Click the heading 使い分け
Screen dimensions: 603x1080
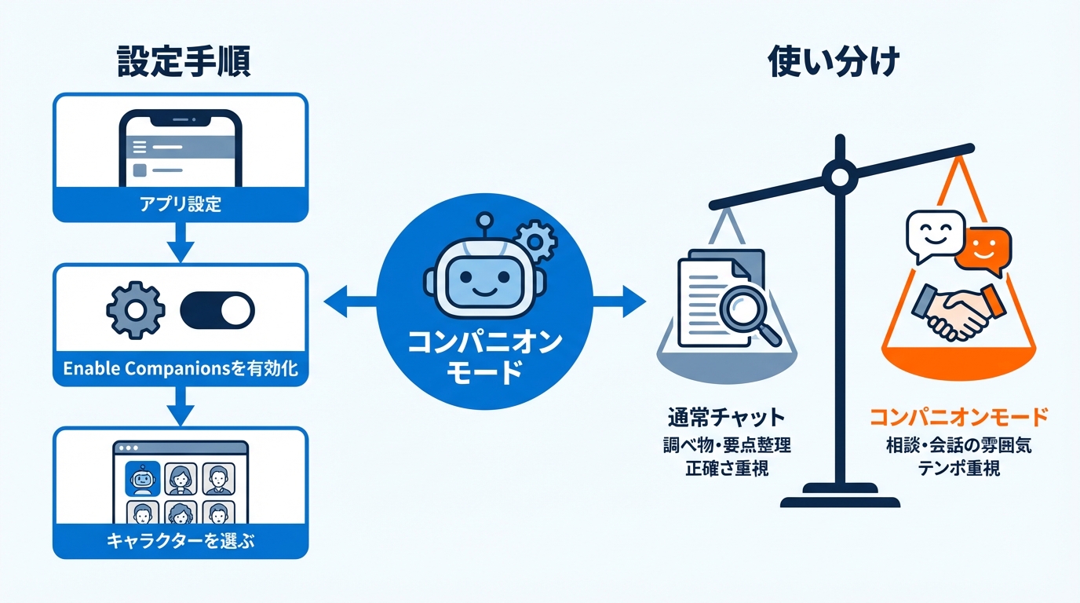(x=833, y=61)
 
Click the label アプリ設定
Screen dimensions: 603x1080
(x=180, y=206)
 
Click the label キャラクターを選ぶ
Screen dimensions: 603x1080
(x=180, y=541)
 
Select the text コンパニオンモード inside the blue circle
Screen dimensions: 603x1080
(x=484, y=356)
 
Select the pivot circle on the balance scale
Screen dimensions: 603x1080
(x=839, y=176)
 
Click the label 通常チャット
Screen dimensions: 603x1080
(x=727, y=415)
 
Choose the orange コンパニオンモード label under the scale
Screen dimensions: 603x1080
(x=959, y=415)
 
